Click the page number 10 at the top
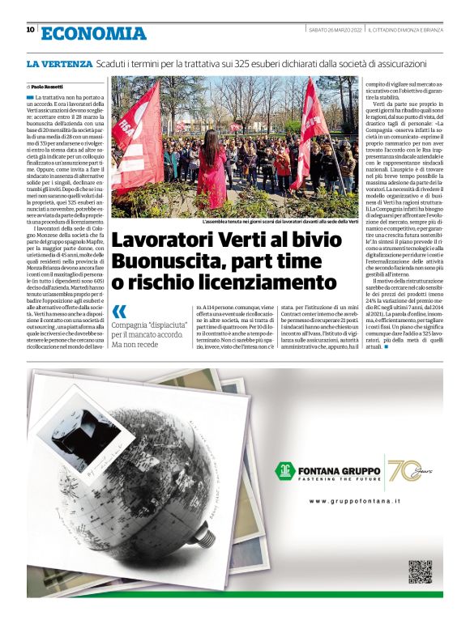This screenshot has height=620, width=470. click(30, 30)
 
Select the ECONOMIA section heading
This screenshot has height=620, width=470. click(94, 33)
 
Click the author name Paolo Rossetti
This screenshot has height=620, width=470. click(47, 86)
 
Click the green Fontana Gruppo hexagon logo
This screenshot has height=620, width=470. click(284, 471)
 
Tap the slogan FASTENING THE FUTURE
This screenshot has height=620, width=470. click(348, 478)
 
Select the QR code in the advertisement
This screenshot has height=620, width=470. click(419, 571)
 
